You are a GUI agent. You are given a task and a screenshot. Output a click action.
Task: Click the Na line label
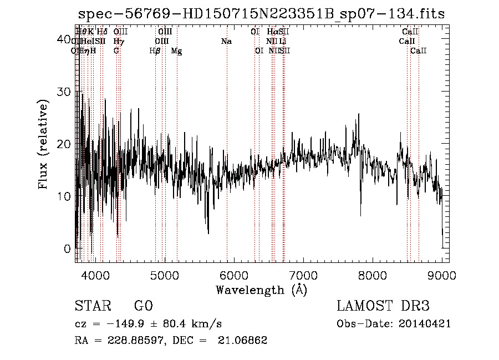[x=226, y=41]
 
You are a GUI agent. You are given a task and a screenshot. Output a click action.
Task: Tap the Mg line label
[x=176, y=51]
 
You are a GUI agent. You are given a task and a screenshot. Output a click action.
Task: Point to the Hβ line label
[x=155, y=51]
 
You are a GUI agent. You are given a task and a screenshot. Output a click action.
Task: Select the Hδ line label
[x=102, y=32]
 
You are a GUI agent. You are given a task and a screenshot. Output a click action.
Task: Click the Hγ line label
[x=118, y=41]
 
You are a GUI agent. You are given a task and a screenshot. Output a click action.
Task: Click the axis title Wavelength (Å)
[x=261, y=290]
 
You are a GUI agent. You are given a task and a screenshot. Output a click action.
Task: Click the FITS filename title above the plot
[x=261, y=14]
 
